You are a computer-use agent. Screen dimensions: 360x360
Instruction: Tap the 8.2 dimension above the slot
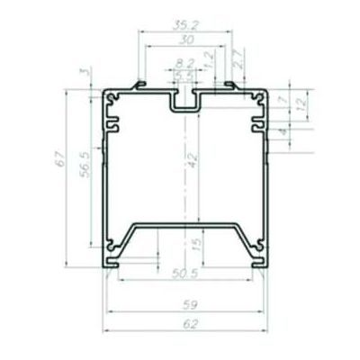[184, 63]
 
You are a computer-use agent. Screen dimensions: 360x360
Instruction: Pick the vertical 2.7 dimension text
[236, 62]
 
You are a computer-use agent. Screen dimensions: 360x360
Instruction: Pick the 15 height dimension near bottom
[196, 243]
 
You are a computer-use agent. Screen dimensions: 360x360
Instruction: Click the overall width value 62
[185, 322]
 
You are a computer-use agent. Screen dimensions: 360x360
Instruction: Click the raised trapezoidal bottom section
[185, 223]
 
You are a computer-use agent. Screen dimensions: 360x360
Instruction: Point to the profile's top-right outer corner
[269, 90]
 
